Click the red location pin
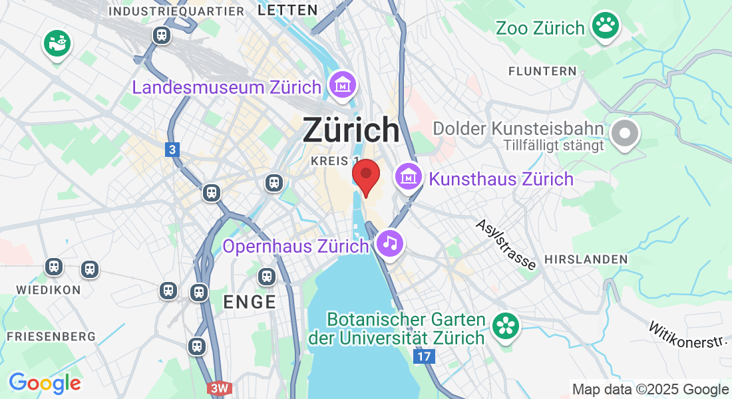click(x=365, y=175)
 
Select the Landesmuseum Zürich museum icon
click(x=343, y=85)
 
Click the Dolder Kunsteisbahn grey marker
click(x=624, y=133)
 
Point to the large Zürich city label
click(x=351, y=130)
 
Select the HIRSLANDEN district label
click(x=586, y=259)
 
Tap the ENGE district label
click(x=250, y=302)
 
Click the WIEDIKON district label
click(x=49, y=290)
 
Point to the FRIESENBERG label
click(x=51, y=336)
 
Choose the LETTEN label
click(x=287, y=10)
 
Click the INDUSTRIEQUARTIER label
click(x=176, y=11)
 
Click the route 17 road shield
click(x=424, y=357)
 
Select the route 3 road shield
click(x=172, y=150)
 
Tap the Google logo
click(x=45, y=383)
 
